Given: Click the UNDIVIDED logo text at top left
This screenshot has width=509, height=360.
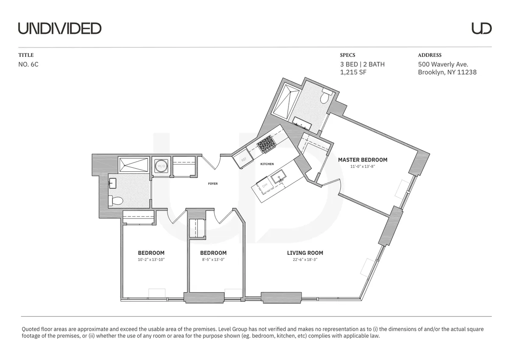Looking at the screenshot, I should click(59, 28).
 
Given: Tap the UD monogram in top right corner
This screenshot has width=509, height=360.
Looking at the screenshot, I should click(481, 28).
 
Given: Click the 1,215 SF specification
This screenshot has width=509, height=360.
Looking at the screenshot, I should click(353, 72).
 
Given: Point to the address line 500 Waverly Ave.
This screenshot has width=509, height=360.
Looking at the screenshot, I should click(443, 64).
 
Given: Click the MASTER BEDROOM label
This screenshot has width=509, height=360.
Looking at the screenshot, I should click(362, 160).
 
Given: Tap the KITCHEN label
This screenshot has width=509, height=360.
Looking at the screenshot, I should click(267, 164).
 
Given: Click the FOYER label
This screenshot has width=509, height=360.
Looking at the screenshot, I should click(213, 184).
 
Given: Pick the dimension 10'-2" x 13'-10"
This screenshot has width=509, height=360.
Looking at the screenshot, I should click(151, 260).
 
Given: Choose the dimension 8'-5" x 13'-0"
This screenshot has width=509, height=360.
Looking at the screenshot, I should click(213, 260).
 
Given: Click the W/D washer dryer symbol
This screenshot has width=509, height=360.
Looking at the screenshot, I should click(161, 166).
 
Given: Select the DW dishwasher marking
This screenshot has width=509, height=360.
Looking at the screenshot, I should click(265, 186).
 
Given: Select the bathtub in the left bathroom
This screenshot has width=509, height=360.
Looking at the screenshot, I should click(133, 164).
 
